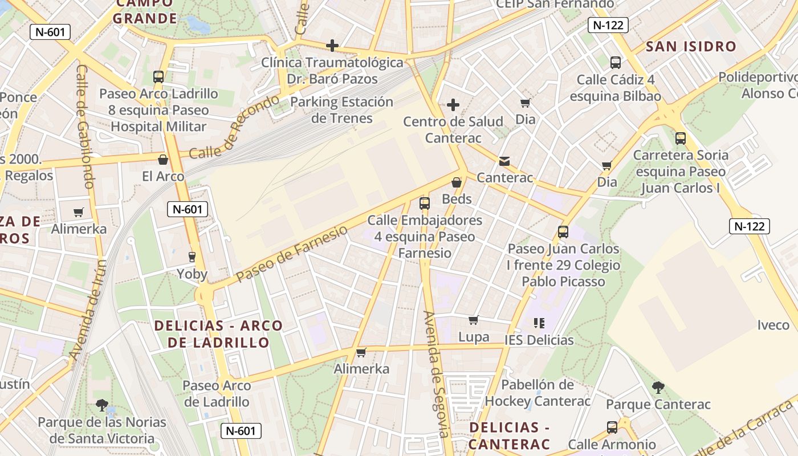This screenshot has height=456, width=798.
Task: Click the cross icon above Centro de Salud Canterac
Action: (453, 105)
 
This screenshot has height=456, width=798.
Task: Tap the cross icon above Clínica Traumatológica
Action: (332, 46)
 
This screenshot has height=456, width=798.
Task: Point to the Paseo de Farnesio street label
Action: (291, 254)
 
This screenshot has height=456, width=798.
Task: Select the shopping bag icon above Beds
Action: (457, 182)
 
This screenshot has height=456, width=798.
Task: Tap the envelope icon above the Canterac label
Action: (504, 161)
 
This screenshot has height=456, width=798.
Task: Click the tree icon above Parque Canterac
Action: (658, 388)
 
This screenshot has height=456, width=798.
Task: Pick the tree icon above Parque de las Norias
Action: (102, 405)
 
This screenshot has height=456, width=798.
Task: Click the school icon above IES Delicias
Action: (539, 323)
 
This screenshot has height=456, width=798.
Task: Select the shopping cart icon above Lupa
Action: (474, 320)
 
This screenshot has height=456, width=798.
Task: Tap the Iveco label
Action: (773, 325)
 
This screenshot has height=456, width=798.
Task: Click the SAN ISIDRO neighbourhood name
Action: (691, 47)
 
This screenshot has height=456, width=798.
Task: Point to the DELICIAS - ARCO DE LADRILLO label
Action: (219, 334)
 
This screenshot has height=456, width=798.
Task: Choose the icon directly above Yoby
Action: (192, 257)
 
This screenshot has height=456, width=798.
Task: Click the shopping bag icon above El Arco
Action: (163, 160)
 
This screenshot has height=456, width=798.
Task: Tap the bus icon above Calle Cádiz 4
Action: (615, 63)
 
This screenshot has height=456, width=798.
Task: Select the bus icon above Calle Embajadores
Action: (424, 203)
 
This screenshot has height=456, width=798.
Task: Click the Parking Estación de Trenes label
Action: (342, 110)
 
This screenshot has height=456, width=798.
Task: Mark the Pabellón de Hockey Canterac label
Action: (538, 393)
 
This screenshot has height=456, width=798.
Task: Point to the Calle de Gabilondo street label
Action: (84, 127)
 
